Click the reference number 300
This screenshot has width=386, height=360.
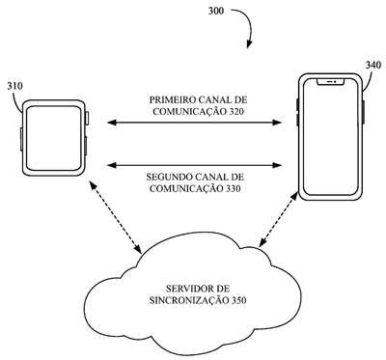216,11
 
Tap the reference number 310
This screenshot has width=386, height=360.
15,86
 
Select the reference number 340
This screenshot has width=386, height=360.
373,65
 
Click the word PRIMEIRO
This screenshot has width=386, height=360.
172,99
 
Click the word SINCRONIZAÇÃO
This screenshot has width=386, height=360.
188,300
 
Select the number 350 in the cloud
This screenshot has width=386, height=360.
238,300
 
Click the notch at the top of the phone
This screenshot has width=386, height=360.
331,82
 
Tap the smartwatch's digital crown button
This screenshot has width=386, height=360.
87,118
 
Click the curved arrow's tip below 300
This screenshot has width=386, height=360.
248,47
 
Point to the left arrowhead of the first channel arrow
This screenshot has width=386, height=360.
111,123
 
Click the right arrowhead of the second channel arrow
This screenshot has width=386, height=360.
277,165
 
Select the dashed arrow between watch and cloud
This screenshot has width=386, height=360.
115,217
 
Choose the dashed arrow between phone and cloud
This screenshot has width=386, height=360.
279,220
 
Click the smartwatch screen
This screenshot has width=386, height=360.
53,138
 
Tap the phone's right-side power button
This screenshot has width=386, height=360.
364,112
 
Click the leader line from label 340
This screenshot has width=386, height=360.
370,80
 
